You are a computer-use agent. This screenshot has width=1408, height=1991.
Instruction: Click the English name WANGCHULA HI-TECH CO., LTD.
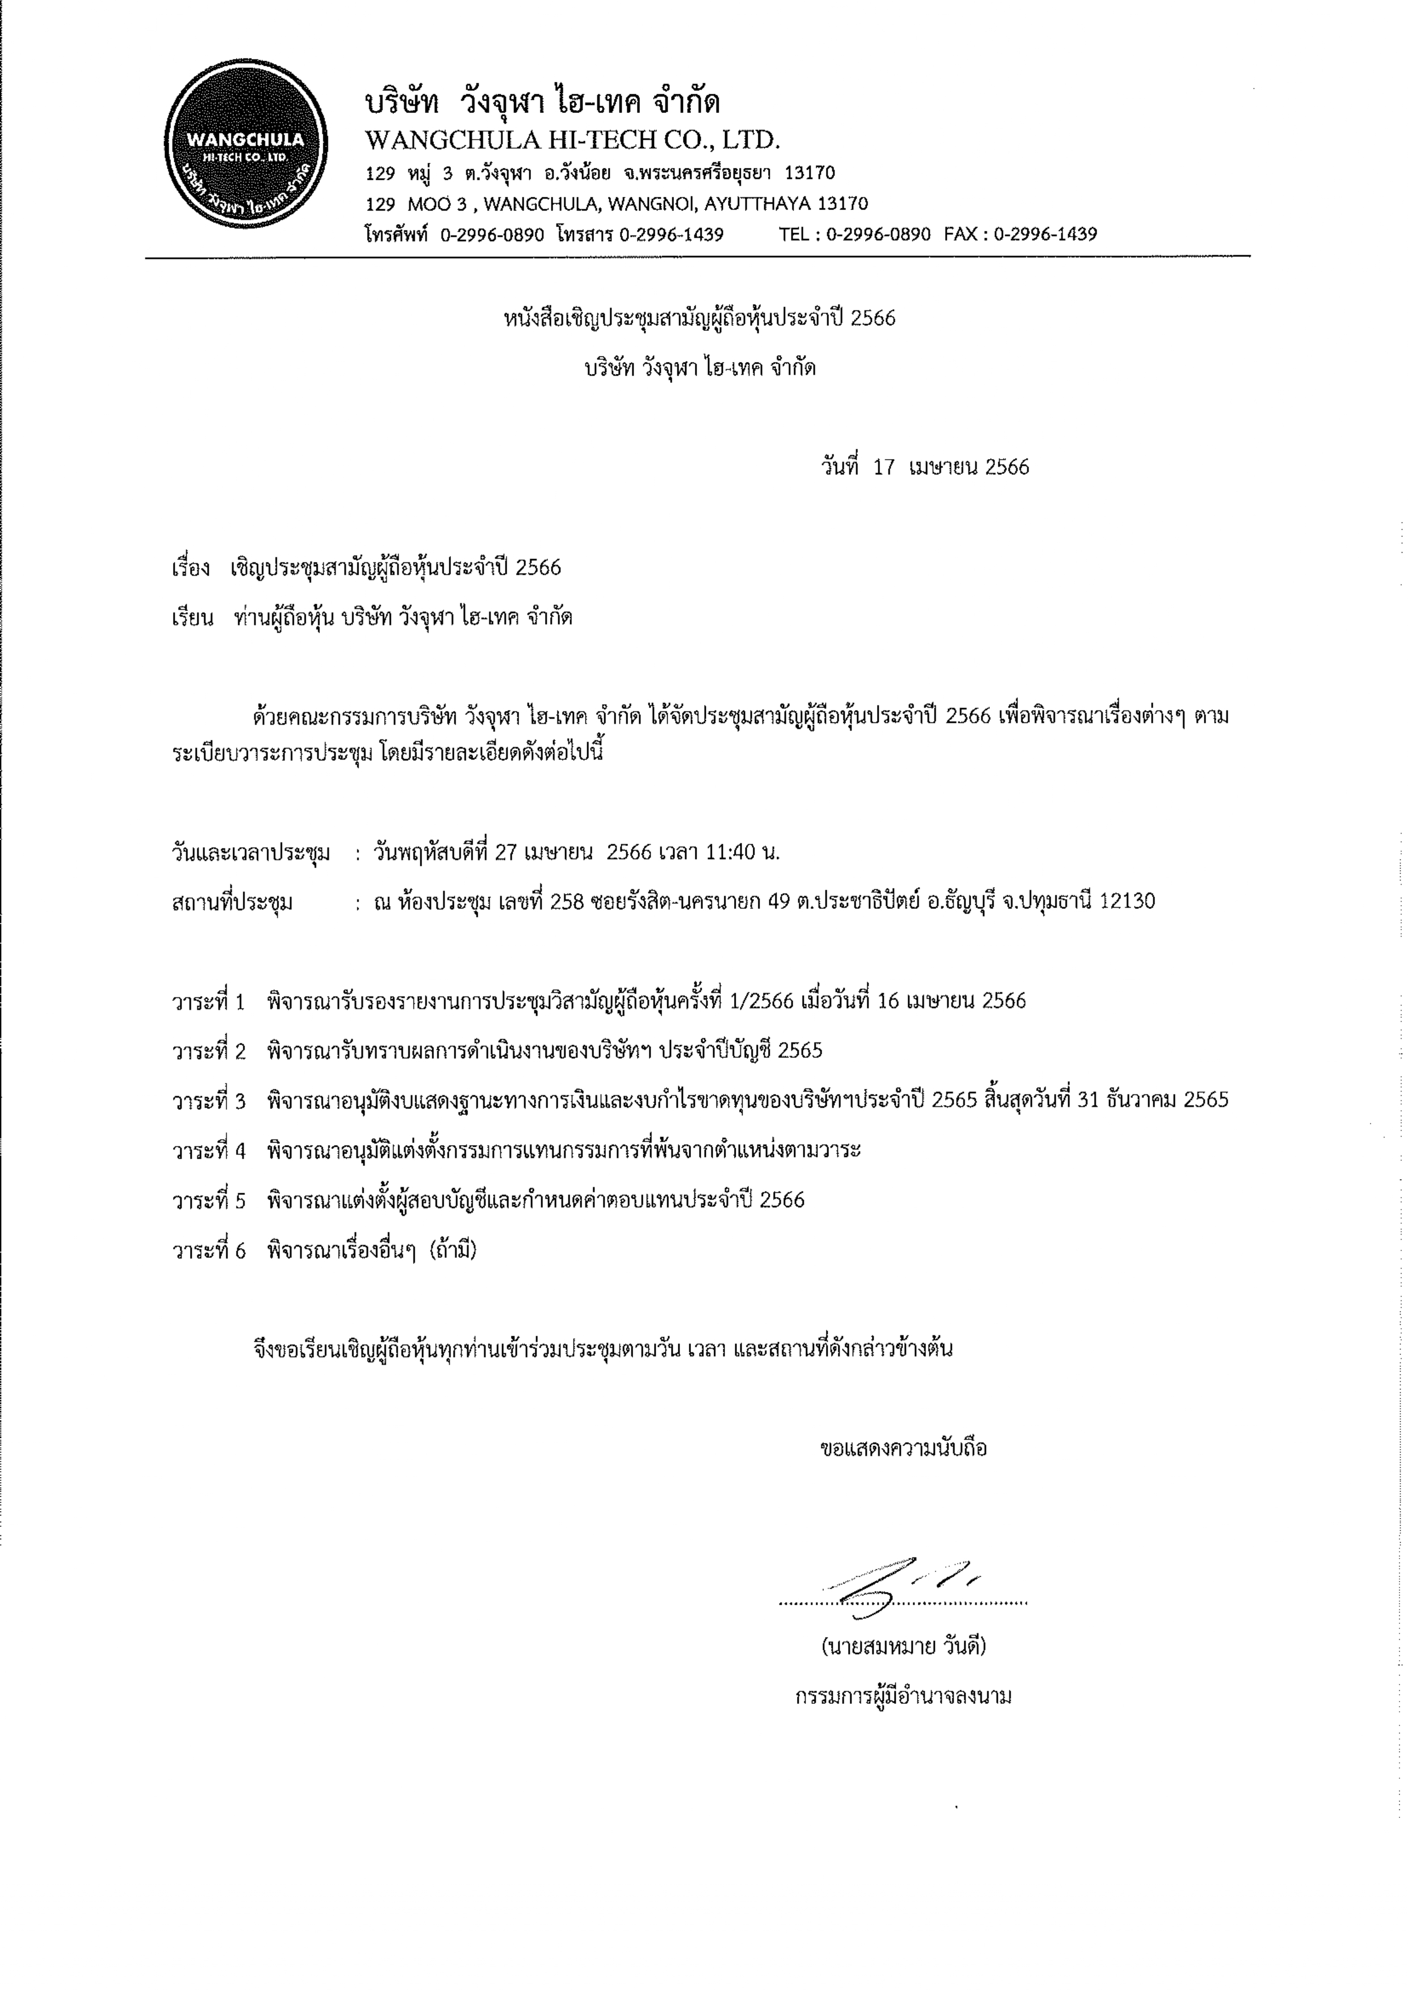point(572,140)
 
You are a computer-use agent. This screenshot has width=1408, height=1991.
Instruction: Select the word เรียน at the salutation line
point(192,617)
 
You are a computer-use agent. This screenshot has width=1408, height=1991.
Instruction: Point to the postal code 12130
point(1127,902)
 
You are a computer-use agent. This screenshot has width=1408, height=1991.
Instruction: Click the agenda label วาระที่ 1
point(209,1001)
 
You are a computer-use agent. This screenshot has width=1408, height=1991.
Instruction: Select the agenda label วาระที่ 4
point(209,1151)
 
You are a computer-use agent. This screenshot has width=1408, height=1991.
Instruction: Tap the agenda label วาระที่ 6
point(209,1251)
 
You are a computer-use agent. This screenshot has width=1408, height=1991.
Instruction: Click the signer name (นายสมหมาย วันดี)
point(904,1646)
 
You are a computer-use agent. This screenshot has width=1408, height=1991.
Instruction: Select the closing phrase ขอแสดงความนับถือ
point(904,1448)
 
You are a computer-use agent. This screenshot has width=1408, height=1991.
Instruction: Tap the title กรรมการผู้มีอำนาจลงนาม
point(904,1696)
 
